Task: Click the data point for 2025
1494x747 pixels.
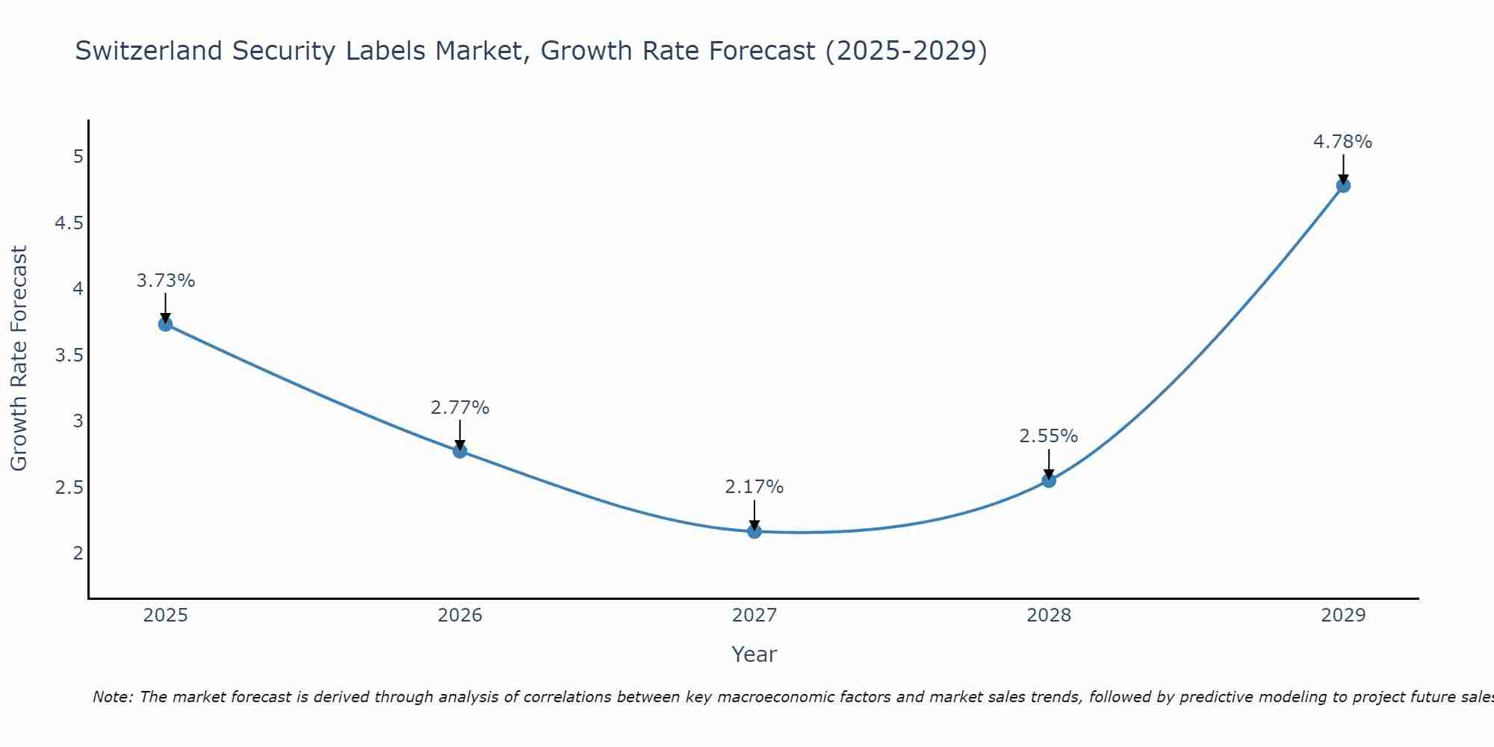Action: tap(165, 324)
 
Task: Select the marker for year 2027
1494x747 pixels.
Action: tap(754, 531)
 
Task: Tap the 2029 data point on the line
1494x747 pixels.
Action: tap(1342, 185)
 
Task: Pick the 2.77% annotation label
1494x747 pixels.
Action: tap(459, 408)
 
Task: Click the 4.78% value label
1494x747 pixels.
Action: tap(1342, 142)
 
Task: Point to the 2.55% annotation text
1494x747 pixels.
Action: tap(1048, 436)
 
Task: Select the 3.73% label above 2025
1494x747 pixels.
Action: tap(165, 281)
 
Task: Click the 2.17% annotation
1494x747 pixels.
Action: tap(754, 487)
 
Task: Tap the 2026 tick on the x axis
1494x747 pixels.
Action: tap(459, 616)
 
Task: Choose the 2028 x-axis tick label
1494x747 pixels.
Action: tap(1048, 616)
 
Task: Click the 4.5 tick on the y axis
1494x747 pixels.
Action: tap(69, 223)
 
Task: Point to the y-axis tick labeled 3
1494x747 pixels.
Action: tap(78, 421)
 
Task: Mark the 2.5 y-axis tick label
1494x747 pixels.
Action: tap(69, 488)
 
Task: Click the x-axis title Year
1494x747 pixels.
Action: tap(754, 654)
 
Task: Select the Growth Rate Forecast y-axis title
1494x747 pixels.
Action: tap(19, 359)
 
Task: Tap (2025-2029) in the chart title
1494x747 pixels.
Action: tap(906, 51)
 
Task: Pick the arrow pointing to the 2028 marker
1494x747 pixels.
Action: tap(1048, 464)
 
